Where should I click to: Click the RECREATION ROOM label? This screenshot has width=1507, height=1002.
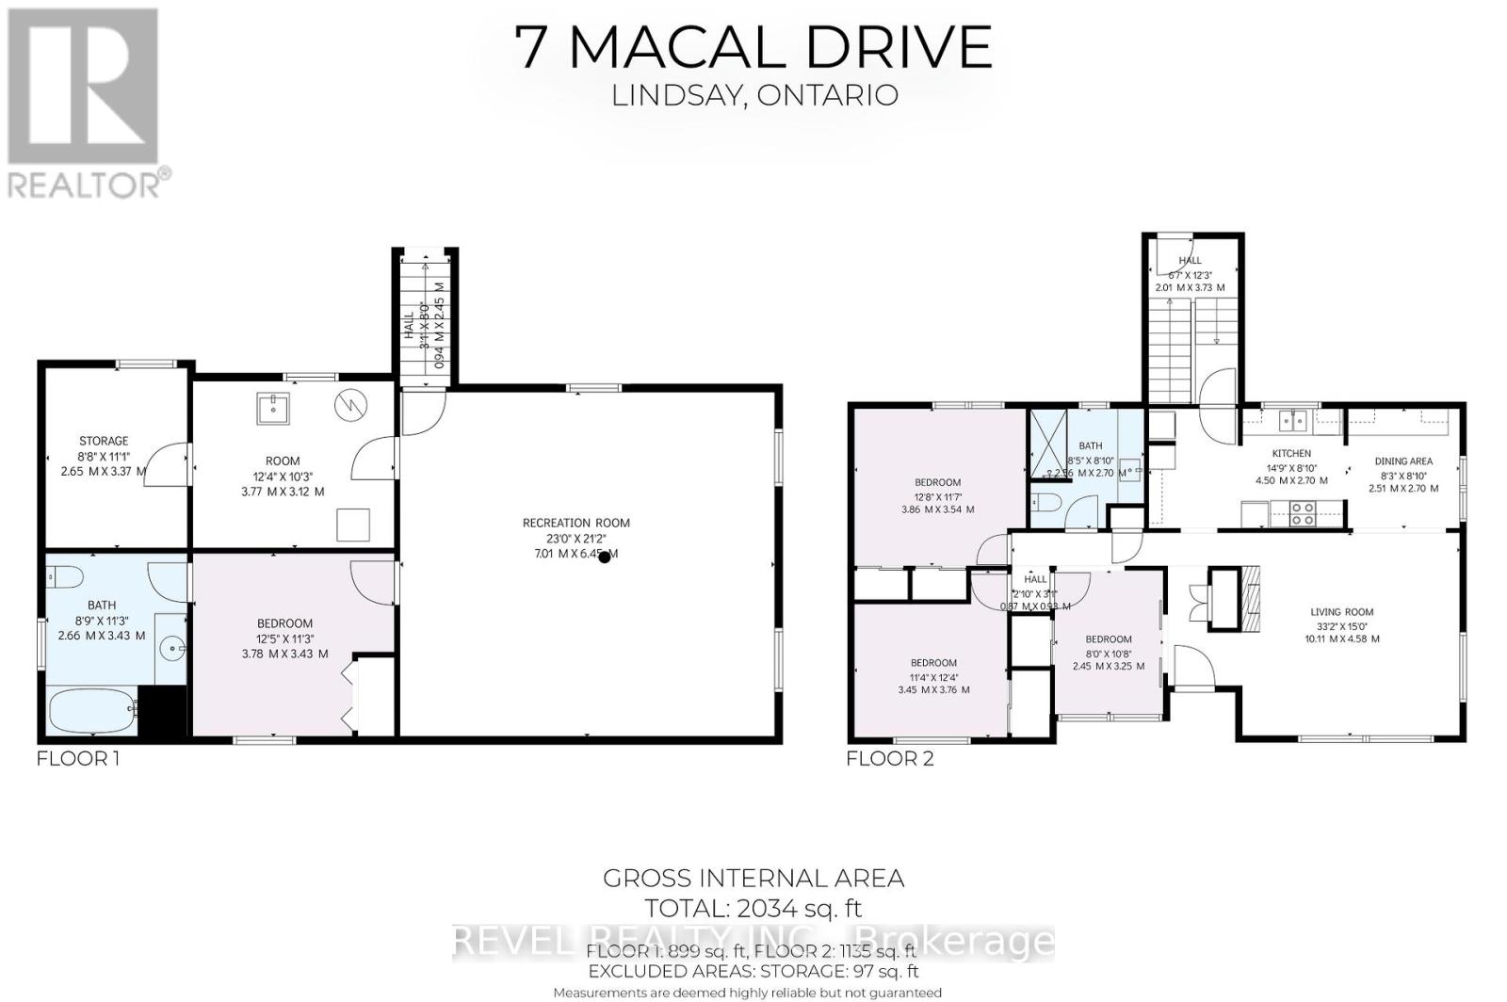(x=575, y=523)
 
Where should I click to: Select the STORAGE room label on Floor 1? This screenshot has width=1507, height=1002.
(x=104, y=441)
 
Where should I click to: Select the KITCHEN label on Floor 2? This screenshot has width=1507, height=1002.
(x=1290, y=453)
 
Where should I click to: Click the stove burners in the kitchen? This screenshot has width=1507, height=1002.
(x=1303, y=514)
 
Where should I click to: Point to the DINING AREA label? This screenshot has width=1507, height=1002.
(x=1403, y=461)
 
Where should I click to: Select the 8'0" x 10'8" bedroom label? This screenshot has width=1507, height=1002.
(x=1108, y=639)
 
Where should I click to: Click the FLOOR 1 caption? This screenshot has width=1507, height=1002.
(x=78, y=758)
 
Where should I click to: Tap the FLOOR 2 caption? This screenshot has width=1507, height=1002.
(x=890, y=758)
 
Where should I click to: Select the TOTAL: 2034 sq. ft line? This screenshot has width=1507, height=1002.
(x=753, y=909)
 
